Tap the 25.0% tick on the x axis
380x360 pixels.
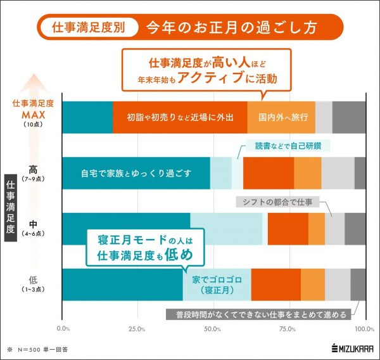tap(137, 329)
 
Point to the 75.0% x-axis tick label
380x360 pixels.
tap(289, 329)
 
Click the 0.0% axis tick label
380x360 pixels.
tap(63, 329)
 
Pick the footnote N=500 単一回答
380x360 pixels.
tap(39, 349)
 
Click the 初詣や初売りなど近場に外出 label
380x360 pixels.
tap(180, 118)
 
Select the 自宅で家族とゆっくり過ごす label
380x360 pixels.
tap(136, 173)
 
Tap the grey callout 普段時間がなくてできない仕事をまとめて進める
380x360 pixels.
tap(260, 314)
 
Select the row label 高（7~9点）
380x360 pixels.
tap(33, 172)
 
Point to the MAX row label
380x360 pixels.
tap(33, 115)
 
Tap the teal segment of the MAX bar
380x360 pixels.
tap(87, 117)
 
